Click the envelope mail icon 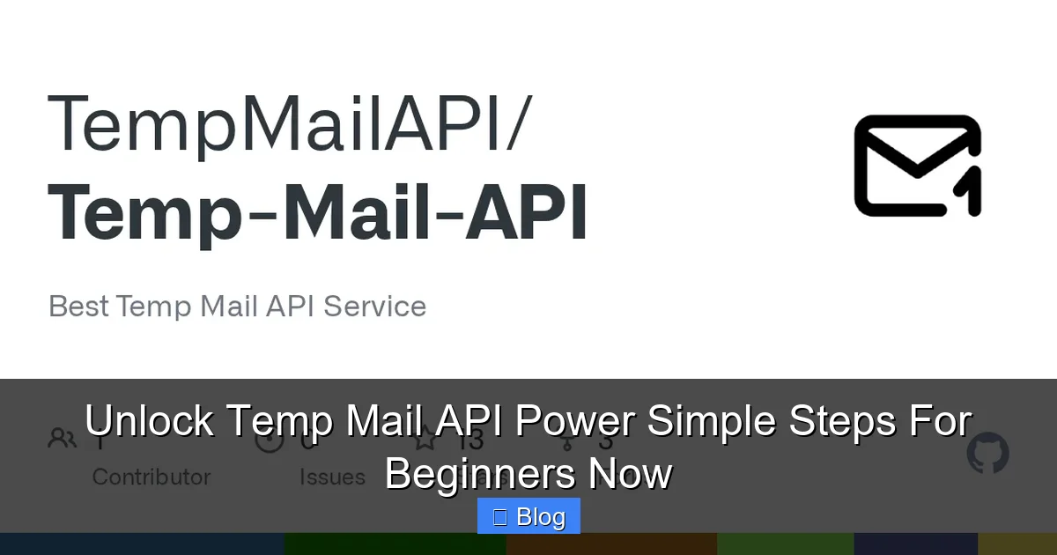click(916, 166)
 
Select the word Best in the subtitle click(79, 307)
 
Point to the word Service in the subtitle click(375, 307)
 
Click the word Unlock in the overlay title click(149, 421)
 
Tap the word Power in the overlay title click(574, 421)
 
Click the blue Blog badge click(528, 516)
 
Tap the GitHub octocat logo click(987, 454)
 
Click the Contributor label click(152, 477)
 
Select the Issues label click(332, 477)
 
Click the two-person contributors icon click(63, 438)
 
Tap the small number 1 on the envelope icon click(970, 194)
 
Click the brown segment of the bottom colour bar click(611, 544)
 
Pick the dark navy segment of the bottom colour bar click(916, 544)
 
